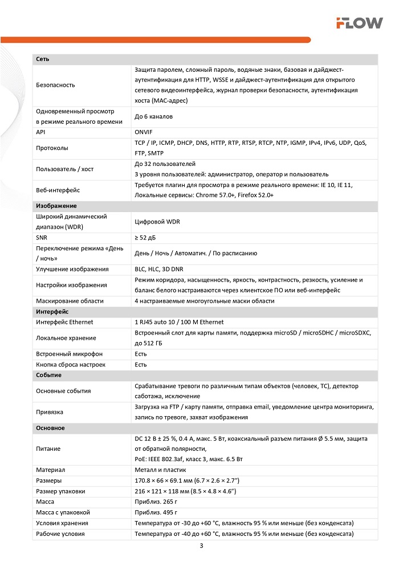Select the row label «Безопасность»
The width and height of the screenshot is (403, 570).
(55, 85)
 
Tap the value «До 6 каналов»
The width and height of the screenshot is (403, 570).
(153, 116)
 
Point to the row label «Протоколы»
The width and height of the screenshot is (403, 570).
(52, 148)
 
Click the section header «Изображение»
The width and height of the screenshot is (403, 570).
(56, 206)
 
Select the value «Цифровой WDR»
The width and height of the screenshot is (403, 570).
(157, 222)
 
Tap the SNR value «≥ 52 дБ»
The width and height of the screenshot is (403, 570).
(147, 237)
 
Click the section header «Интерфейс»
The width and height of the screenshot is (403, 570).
(52, 312)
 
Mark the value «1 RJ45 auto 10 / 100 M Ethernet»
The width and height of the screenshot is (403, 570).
(179, 322)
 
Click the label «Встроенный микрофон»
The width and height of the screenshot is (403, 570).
(69, 354)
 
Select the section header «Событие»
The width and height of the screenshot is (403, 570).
(48, 375)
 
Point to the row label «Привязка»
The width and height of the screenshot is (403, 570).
(50, 412)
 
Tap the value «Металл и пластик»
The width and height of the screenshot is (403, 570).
(160, 470)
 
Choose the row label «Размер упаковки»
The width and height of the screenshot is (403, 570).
(60, 491)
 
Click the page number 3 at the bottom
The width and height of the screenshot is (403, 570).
(202, 546)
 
